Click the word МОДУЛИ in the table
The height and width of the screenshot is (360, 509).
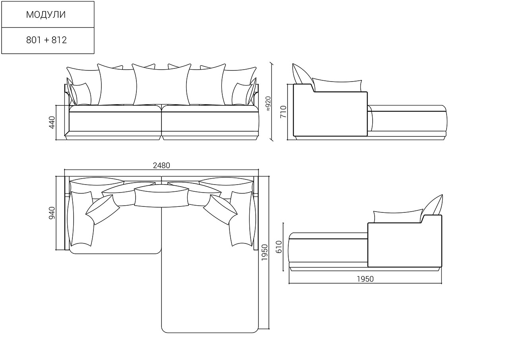click(x=46, y=15)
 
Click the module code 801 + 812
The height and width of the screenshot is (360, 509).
click(x=47, y=40)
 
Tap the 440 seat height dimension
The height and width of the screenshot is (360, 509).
click(x=52, y=123)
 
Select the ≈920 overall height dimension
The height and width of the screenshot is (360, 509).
click(x=268, y=104)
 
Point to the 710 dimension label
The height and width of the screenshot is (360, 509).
click(x=284, y=112)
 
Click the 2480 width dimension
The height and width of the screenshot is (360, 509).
click(x=161, y=165)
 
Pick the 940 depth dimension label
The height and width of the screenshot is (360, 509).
click(x=52, y=213)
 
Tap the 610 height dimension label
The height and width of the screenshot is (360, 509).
click(x=279, y=247)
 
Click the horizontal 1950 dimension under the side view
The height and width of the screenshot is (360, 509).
click(x=365, y=279)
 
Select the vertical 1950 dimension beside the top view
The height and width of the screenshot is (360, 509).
click(x=265, y=252)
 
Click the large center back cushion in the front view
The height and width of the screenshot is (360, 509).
click(x=161, y=85)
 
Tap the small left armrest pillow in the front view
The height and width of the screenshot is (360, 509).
click(x=81, y=94)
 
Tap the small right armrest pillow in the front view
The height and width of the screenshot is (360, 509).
click(x=242, y=94)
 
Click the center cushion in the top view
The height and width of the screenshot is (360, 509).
click(x=161, y=195)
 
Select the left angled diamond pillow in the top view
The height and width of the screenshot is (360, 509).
click(x=103, y=210)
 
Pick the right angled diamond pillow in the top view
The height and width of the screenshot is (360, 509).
click(x=220, y=210)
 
